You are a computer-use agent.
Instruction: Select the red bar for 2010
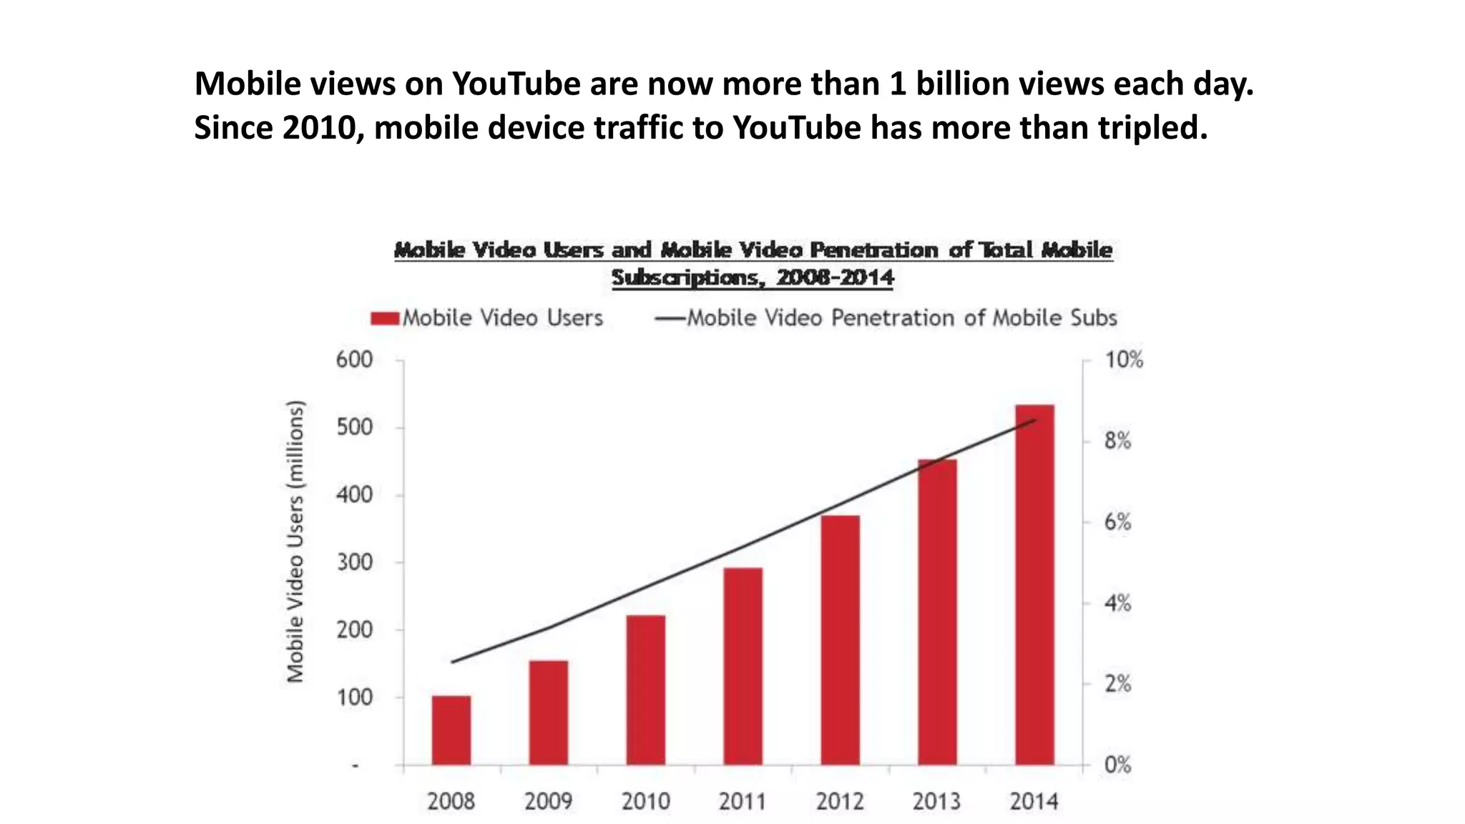tap(646, 690)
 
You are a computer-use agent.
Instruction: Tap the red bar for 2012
tap(840, 639)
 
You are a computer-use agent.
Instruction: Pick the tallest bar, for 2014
tap(1034, 584)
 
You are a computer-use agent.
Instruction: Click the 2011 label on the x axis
tap(743, 801)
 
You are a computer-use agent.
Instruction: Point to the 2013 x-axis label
tap(936, 801)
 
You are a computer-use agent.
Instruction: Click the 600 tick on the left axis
tap(355, 360)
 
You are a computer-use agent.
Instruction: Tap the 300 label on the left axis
tap(355, 562)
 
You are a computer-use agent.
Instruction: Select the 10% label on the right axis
tap(1124, 360)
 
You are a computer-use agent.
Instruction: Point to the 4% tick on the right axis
tap(1117, 603)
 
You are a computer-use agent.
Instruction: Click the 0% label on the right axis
tap(1117, 765)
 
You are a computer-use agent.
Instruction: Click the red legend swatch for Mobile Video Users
tap(385, 318)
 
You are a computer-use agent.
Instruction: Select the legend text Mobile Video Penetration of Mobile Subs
tap(901, 318)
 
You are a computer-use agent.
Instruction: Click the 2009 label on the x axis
tap(548, 801)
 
